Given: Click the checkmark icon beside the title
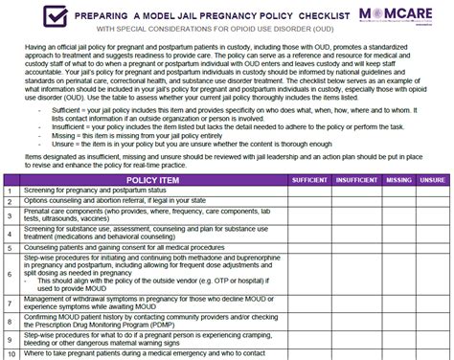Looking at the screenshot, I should click(29, 17).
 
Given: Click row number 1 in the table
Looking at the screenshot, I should click(9, 191).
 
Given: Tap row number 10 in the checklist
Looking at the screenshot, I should click(9, 354).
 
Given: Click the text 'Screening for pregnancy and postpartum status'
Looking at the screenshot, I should click(97, 191).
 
